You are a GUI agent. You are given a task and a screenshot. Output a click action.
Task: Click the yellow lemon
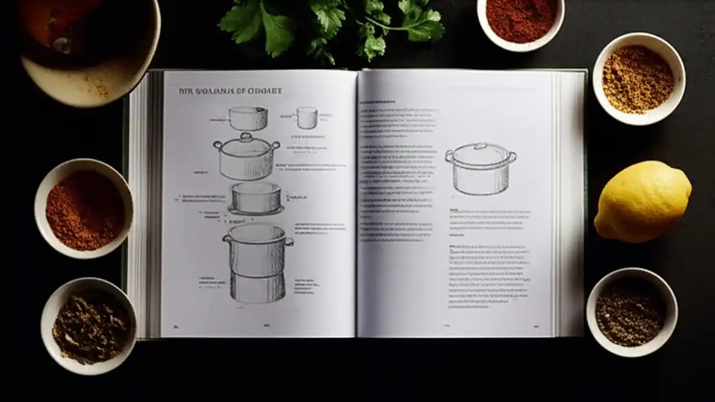(642, 202)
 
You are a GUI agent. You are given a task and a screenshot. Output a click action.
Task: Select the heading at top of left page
(230, 91)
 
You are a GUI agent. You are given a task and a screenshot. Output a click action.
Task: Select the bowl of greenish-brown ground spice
(89, 327)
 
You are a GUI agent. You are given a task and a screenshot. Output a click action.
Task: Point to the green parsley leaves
(330, 25)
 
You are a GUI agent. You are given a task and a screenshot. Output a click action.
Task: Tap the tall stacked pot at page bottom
(258, 262)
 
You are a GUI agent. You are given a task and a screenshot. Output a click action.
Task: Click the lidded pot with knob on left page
(246, 157)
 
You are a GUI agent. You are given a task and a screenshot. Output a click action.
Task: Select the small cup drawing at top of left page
(307, 118)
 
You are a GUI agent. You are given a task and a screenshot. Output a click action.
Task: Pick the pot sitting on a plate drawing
(256, 199)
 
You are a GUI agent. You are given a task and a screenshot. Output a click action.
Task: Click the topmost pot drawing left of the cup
(248, 118)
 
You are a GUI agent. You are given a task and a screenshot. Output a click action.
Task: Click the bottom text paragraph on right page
(489, 276)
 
